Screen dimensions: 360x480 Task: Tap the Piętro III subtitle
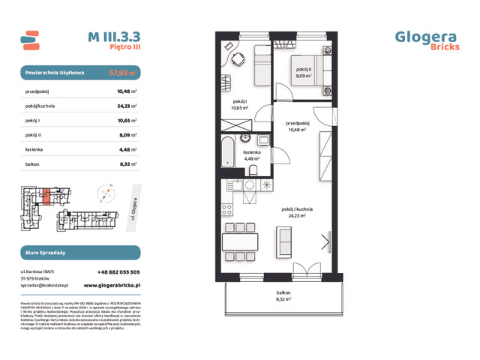[125, 46]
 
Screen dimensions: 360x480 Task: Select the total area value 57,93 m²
[123, 73]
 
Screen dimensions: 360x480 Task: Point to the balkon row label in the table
[33, 163]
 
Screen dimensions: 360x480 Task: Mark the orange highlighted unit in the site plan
[47, 196]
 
